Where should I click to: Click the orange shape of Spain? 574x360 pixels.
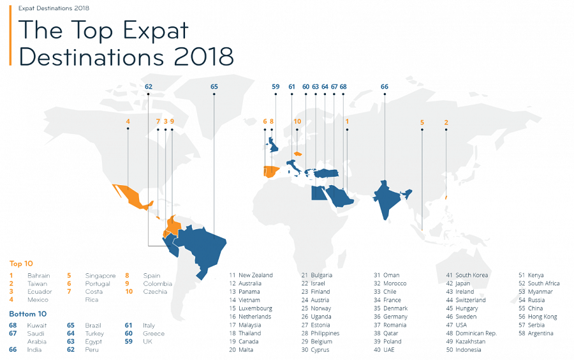(x=272, y=172)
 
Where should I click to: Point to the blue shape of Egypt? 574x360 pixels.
(x=319, y=193)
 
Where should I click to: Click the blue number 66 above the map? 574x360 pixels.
(x=385, y=87)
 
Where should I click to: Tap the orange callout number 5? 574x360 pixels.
(x=422, y=123)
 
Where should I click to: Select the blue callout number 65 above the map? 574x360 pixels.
(x=214, y=87)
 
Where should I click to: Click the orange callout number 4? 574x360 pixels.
(x=128, y=121)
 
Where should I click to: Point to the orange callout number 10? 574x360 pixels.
(x=297, y=121)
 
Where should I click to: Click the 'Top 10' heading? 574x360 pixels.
(x=21, y=264)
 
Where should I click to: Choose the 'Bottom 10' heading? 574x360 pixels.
(x=28, y=314)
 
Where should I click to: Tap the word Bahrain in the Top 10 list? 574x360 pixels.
(x=38, y=275)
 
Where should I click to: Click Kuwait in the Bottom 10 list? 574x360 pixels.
(x=37, y=325)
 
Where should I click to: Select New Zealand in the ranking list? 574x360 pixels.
(x=256, y=275)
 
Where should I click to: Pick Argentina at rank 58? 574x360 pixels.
(x=541, y=333)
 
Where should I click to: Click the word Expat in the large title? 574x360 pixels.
(x=156, y=30)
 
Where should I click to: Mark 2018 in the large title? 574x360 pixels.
(x=204, y=57)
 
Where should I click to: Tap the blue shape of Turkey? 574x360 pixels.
(x=327, y=173)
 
